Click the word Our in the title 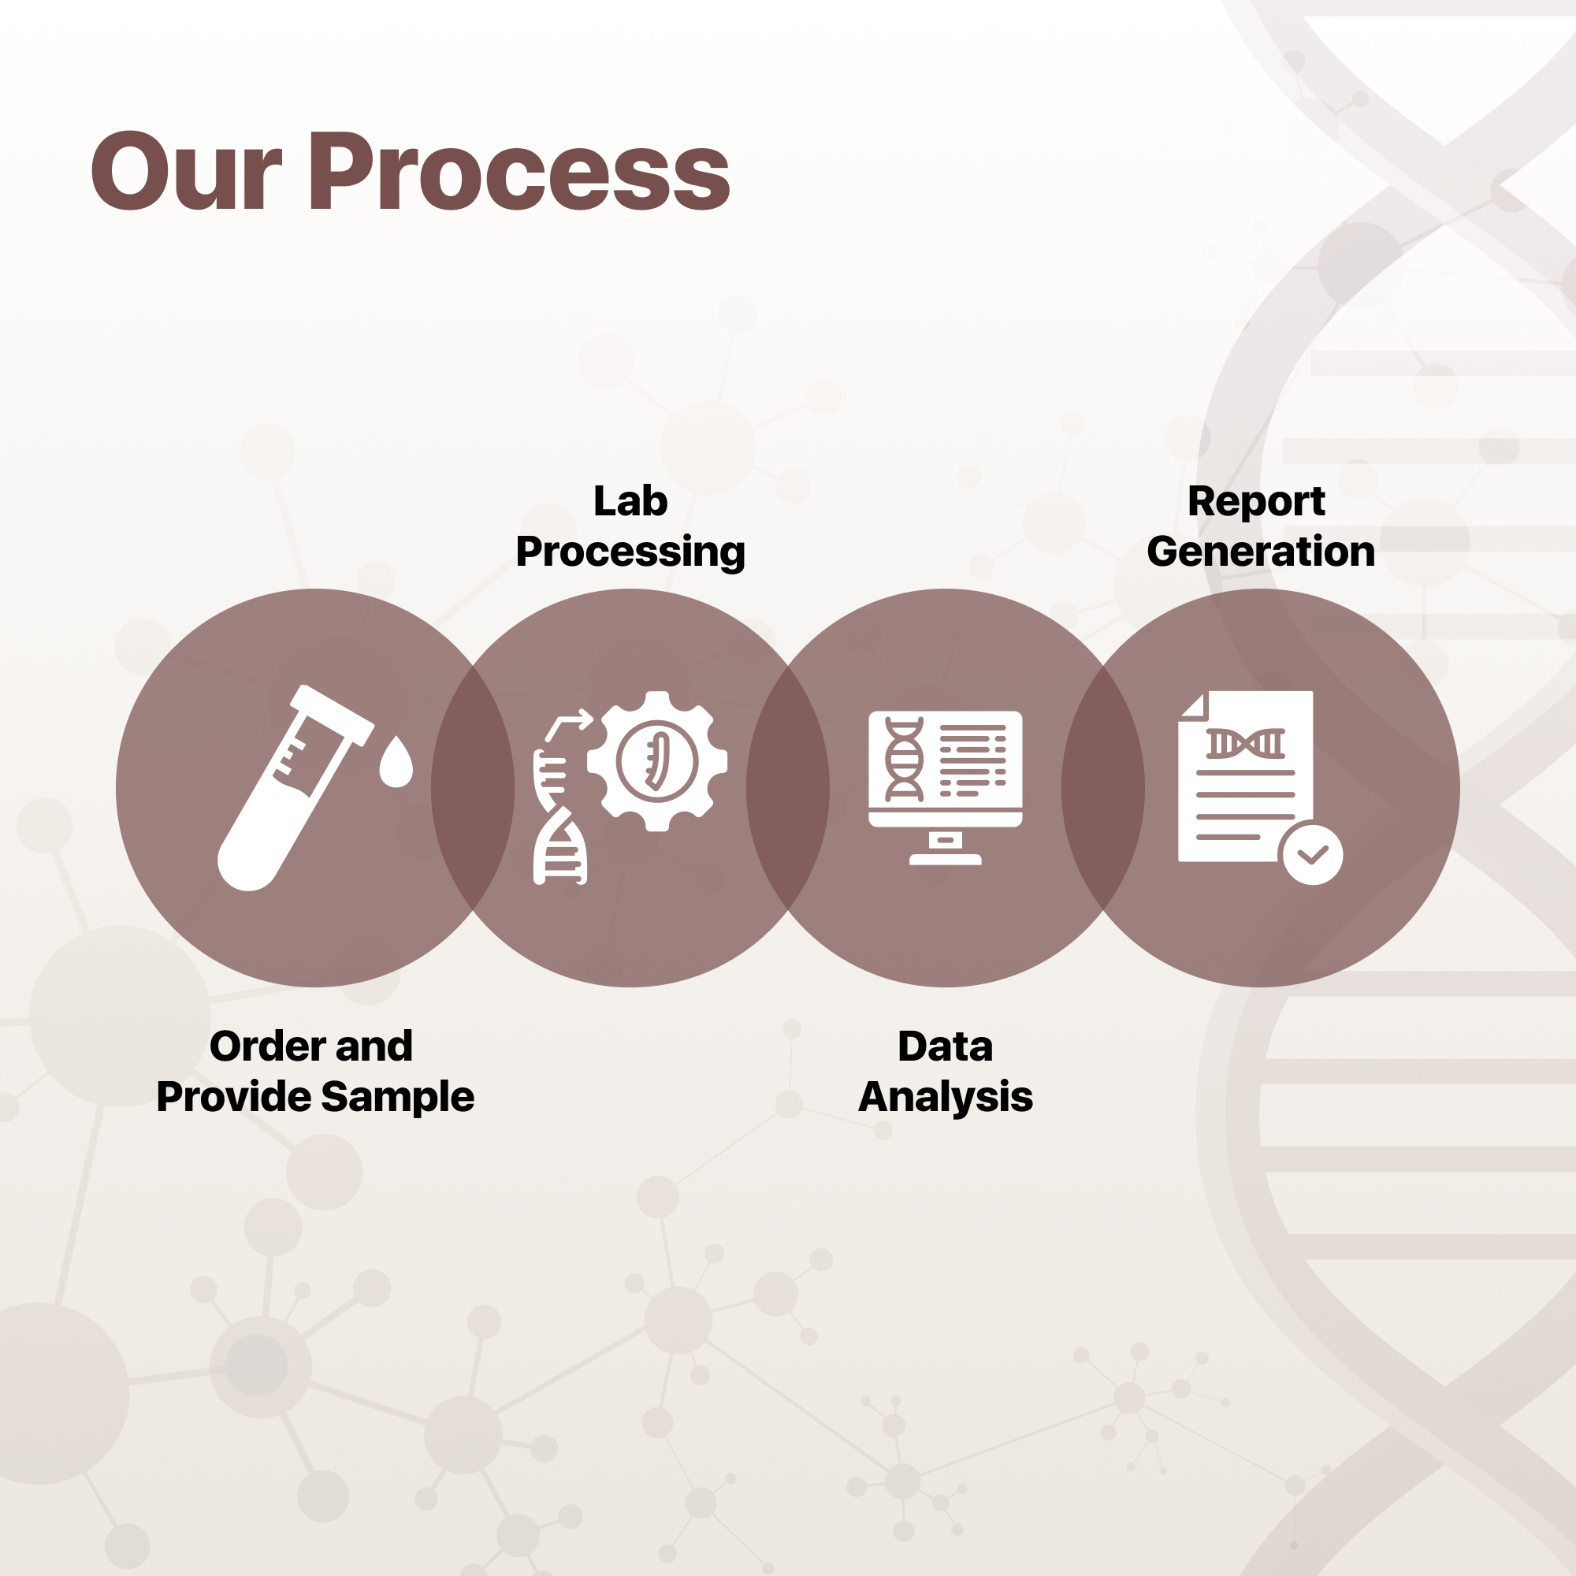click(x=186, y=171)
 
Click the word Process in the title click(x=519, y=171)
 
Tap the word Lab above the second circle click(x=630, y=501)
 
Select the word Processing click(x=630, y=552)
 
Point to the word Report click(x=1256, y=502)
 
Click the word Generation click(x=1261, y=552)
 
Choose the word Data click(x=946, y=1046)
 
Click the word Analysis click(x=946, y=1097)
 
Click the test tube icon click(x=295, y=787)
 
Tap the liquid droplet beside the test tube click(x=396, y=761)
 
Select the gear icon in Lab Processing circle click(x=657, y=761)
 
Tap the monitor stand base click(x=946, y=859)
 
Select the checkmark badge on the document click(x=1313, y=854)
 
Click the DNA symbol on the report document click(x=1246, y=743)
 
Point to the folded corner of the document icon click(x=1195, y=705)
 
